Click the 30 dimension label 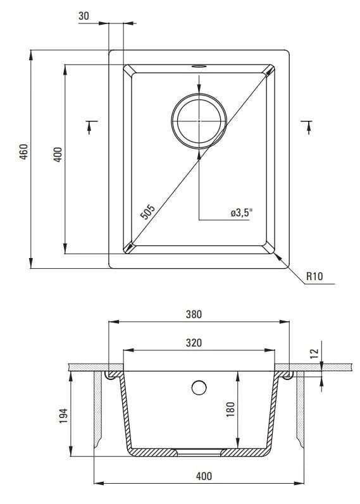84,16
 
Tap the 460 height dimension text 24,152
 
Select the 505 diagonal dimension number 148,212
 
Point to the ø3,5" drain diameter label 242,212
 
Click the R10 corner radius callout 314,276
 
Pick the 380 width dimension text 194,314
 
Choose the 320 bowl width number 194,343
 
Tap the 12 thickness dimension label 314,353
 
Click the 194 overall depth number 63,415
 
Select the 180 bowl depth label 230,410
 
